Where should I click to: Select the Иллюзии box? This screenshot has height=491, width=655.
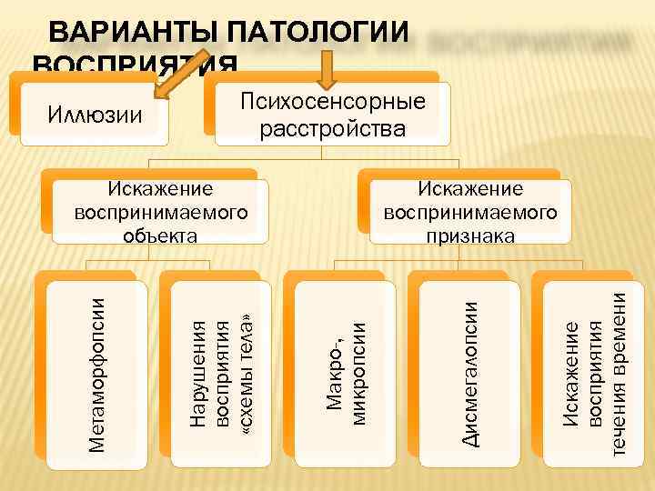(x=94, y=115)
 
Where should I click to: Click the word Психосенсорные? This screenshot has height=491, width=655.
(x=332, y=100)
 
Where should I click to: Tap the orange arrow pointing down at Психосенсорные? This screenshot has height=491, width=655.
(x=329, y=69)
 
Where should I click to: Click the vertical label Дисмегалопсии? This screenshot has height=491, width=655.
(x=470, y=375)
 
